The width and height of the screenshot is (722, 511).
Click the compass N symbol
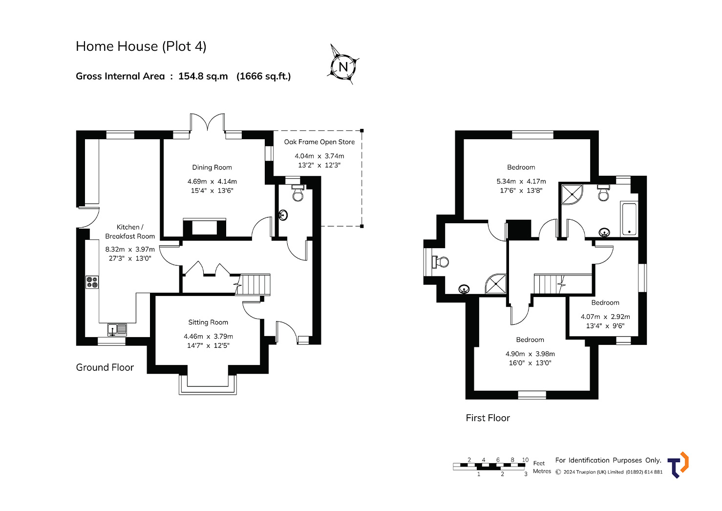pyautogui.click(x=343, y=67)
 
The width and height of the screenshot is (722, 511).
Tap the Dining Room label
pyautogui.click(x=212, y=168)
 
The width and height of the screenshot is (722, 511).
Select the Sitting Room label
pyautogui.click(x=208, y=322)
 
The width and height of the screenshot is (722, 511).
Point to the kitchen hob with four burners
pyautogui.click(x=92, y=282)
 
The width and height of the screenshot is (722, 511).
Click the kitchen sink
pyautogui.click(x=117, y=329)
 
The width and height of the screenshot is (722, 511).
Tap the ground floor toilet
pyautogui.click(x=297, y=193)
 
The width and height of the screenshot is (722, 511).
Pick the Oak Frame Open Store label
pyautogui.click(x=319, y=142)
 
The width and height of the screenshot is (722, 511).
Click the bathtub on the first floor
pyautogui.click(x=629, y=218)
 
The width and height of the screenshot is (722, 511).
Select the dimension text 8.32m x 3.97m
pyautogui.click(x=130, y=249)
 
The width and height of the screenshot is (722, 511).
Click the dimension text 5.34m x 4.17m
pyautogui.click(x=521, y=181)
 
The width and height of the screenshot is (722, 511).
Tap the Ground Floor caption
pyautogui.click(x=105, y=367)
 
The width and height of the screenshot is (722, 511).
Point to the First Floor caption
pyautogui.click(x=488, y=418)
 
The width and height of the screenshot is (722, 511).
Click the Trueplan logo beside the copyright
pyautogui.click(x=678, y=465)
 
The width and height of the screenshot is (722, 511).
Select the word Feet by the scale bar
pyautogui.click(x=539, y=463)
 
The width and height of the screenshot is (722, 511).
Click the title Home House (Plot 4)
pyautogui.click(x=141, y=46)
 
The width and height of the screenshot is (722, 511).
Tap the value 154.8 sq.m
pyautogui.click(x=203, y=76)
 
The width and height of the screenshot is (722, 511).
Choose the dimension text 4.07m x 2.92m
pyautogui.click(x=605, y=317)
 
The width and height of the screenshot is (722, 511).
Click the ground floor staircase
pyautogui.click(x=253, y=285)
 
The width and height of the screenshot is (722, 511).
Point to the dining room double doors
pyautogui.click(x=207, y=123)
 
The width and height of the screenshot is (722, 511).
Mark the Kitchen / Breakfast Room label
pyautogui.click(x=130, y=232)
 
